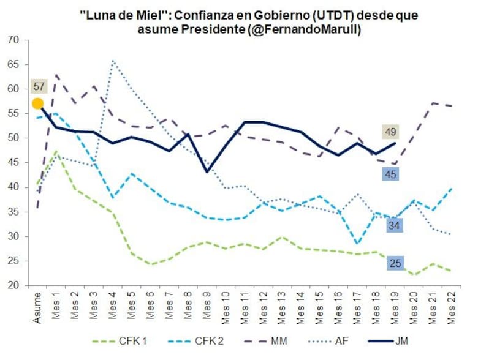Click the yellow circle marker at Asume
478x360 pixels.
(x=37, y=103)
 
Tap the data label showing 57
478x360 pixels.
(x=38, y=86)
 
